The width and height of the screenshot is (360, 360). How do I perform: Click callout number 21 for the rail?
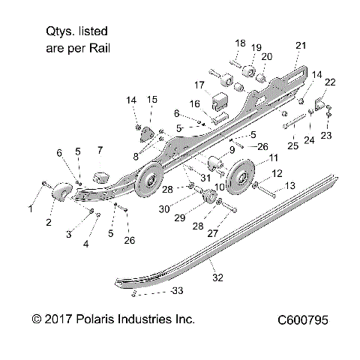(301, 46)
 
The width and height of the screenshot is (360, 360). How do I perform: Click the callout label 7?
(100, 150)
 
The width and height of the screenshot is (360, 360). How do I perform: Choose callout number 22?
(329, 81)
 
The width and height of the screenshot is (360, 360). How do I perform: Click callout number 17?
(200, 84)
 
